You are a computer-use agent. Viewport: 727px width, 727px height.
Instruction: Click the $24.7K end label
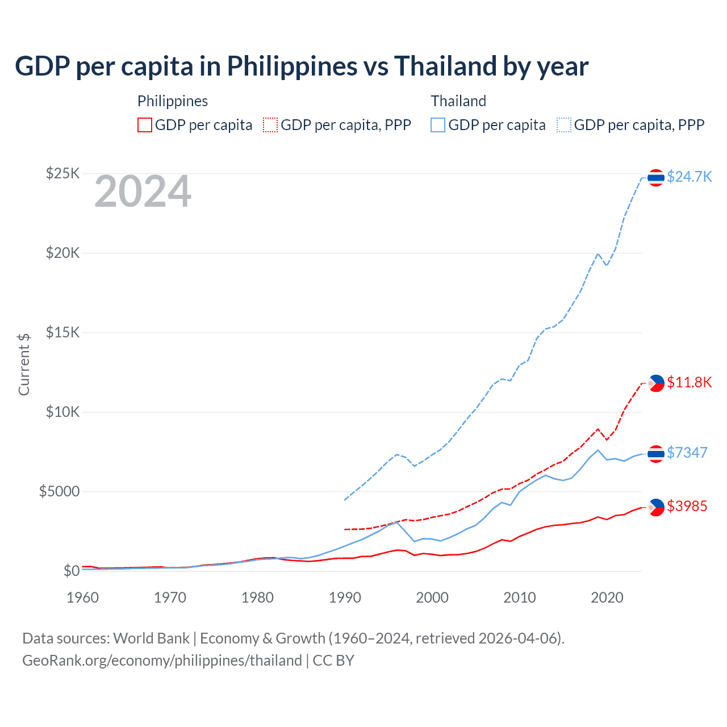[x=689, y=177]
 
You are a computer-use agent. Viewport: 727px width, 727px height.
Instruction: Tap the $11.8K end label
[x=689, y=382]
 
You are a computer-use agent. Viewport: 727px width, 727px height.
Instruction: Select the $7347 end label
[x=687, y=453]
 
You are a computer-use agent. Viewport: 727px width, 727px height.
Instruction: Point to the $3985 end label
[x=687, y=506]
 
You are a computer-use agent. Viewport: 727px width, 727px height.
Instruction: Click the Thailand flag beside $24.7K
[x=656, y=178]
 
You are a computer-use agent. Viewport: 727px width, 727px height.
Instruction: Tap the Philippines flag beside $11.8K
[x=656, y=383]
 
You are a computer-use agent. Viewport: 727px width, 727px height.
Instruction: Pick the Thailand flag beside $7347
[x=656, y=454]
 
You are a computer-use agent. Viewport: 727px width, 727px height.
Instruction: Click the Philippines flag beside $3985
[x=656, y=507]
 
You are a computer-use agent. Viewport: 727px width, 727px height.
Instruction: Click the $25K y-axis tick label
[x=62, y=173]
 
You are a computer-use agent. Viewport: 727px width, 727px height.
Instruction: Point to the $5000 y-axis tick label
[x=59, y=491]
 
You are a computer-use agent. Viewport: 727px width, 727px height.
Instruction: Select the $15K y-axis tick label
[x=62, y=332]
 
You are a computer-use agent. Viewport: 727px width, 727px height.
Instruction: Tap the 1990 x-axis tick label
[x=345, y=598]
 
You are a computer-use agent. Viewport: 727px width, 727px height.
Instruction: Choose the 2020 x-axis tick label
[x=607, y=598]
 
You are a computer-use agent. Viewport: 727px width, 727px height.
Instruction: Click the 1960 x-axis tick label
[x=83, y=598]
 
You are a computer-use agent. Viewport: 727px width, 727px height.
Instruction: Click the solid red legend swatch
[x=145, y=125]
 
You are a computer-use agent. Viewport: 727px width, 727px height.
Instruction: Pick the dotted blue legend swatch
[x=564, y=125]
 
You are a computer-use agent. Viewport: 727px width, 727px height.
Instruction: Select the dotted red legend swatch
[x=270, y=125]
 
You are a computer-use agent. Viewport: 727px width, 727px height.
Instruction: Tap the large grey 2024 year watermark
[x=143, y=191]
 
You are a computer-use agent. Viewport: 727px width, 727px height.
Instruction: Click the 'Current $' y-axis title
[x=24, y=365]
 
